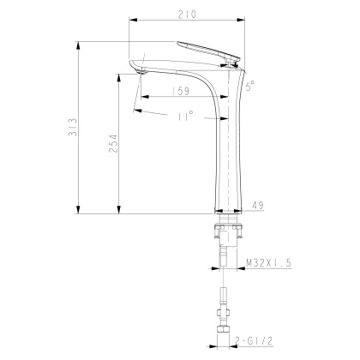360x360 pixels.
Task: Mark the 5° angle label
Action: click(x=250, y=86)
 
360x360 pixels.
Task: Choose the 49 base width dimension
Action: click(x=260, y=206)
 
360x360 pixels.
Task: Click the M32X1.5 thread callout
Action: click(x=267, y=265)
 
